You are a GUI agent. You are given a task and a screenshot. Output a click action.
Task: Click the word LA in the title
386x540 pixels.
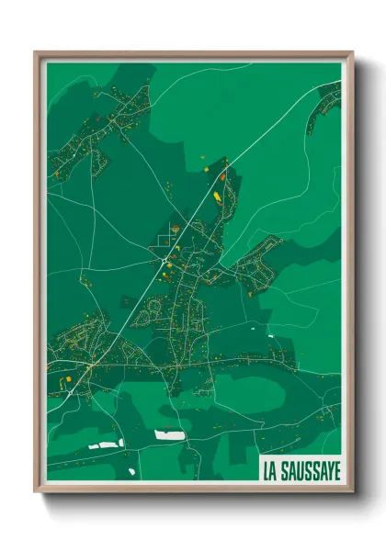point(272,471)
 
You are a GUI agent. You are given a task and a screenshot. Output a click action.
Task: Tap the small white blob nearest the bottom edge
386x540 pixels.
point(131,472)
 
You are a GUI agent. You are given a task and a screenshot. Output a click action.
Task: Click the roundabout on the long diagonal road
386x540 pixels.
point(164,263)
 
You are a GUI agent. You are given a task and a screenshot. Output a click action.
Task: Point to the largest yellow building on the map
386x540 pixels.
point(218,196)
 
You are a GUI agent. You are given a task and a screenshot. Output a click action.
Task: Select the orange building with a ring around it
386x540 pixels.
point(176,226)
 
